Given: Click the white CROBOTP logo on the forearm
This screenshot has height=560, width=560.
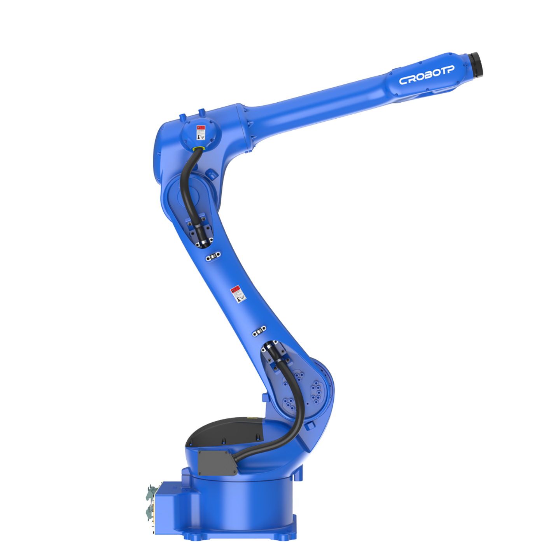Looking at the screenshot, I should pyautogui.click(x=427, y=75).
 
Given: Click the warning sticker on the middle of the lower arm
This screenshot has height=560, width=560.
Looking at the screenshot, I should pyautogui.click(x=237, y=294).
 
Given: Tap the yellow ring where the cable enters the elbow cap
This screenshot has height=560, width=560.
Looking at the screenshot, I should pyautogui.click(x=199, y=149).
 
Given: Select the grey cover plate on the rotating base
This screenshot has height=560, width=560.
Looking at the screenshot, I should pyautogui.click(x=217, y=462).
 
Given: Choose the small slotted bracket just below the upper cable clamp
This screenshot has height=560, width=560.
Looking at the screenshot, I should pyautogui.click(x=213, y=256).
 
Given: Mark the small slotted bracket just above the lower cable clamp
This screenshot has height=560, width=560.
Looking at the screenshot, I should pyautogui.click(x=259, y=331).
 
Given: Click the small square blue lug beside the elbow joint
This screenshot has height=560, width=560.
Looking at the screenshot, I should pyautogui.click(x=210, y=174).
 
